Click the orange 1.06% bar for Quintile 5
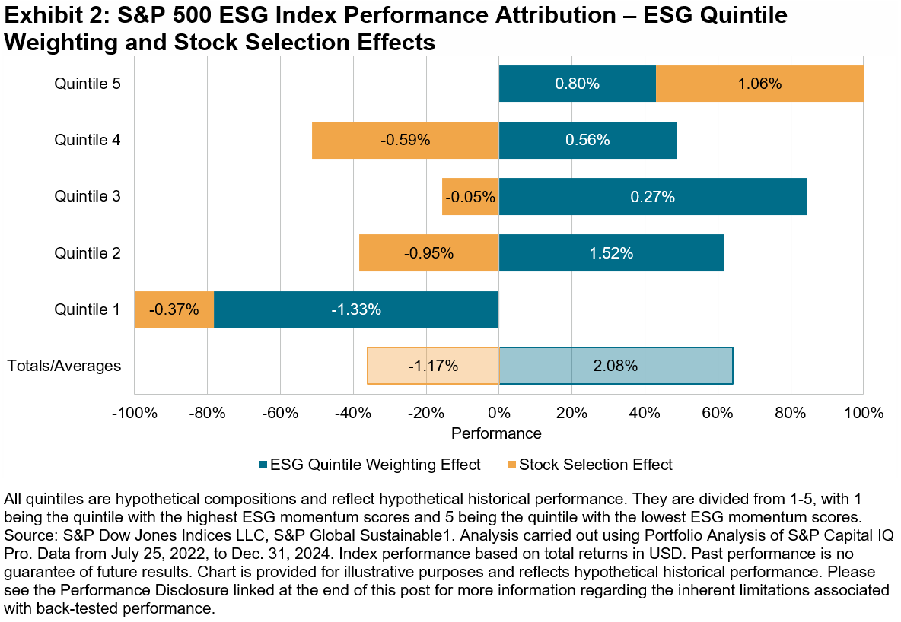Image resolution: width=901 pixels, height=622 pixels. click(759, 84)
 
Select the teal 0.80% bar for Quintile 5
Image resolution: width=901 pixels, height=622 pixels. click(577, 84)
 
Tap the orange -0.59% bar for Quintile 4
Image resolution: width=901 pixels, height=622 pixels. click(405, 140)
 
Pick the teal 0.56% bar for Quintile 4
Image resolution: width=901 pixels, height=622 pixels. click(587, 140)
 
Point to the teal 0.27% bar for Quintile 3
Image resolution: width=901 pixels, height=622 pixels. click(652, 196)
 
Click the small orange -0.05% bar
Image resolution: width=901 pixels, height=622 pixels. click(470, 196)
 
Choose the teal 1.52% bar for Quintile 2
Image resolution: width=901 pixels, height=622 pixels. click(610, 252)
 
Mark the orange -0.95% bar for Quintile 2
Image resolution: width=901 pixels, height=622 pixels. click(428, 252)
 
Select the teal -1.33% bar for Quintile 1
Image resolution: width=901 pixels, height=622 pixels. click(355, 309)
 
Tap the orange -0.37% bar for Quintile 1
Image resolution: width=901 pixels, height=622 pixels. click(174, 309)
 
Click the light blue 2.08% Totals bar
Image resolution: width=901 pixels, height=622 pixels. click(615, 365)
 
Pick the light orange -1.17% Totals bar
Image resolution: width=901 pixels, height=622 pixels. click(433, 365)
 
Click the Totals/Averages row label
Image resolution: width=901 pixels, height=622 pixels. click(64, 365)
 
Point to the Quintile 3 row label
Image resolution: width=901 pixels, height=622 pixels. click(88, 196)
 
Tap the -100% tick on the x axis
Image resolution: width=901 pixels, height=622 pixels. click(135, 414)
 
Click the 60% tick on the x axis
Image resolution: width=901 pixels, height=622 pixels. click(717, 414)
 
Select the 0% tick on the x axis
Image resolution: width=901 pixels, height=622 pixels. click(498, 414)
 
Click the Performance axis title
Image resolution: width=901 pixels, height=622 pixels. click(496, 433)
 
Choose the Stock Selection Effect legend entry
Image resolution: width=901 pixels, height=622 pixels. click(595, 464)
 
